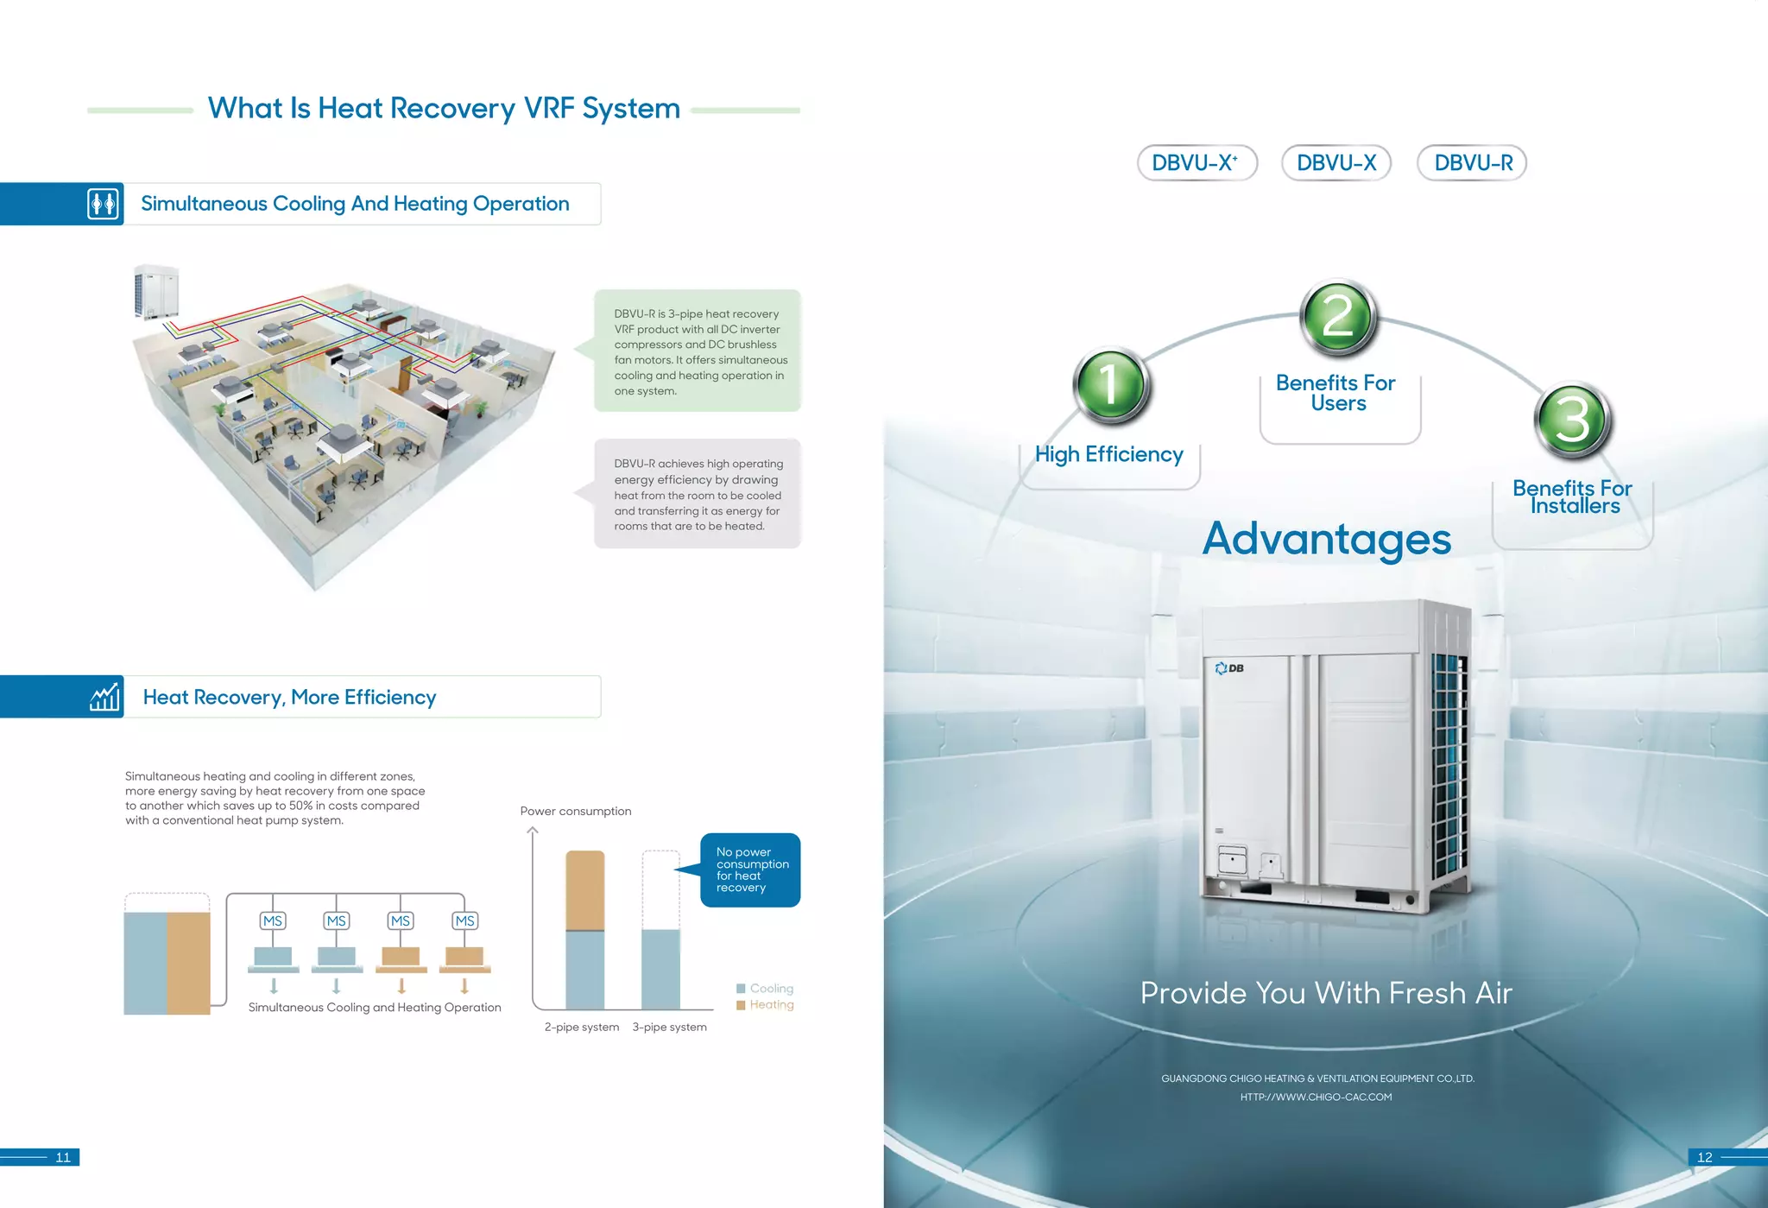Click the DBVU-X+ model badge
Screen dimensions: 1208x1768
coord(1197,163)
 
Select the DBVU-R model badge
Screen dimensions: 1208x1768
coord(1472,163)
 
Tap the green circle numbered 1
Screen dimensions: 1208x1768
coord(1111,385)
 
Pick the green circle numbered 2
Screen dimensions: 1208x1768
coord(1338,317)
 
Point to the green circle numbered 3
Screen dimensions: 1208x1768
coord(1573,420)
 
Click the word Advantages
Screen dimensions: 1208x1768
coord(1326,539)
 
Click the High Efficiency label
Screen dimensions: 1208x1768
coord(1108,454)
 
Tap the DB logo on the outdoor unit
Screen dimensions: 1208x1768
coord(1229,668)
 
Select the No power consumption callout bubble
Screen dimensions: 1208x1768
coord(750,870)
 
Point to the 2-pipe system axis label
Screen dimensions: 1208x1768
coord(582,1028)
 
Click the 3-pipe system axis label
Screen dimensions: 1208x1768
coord(669,1028)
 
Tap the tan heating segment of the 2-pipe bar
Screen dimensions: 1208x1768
coord(584,890)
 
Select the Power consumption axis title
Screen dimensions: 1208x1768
coord(576,812)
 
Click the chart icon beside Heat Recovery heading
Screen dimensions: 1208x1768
coord(104,697)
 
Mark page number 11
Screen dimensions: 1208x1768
coord(63,1158)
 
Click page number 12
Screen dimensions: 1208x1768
coord(1704,1158)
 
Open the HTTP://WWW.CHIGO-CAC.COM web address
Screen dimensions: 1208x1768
coord(1316,1097)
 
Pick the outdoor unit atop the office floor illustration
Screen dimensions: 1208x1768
coord(156,292)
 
